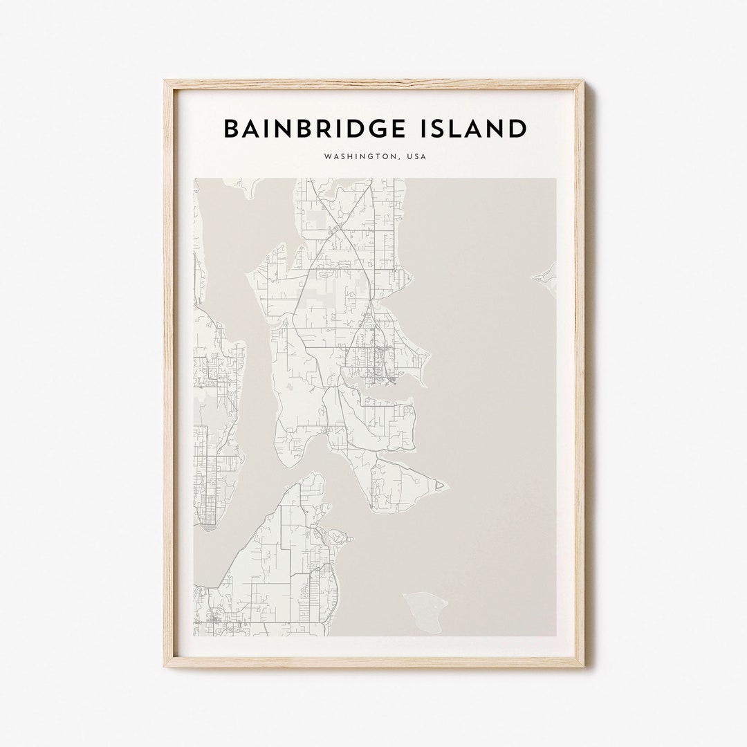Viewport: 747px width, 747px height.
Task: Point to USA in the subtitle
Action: [x=417, y=157]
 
